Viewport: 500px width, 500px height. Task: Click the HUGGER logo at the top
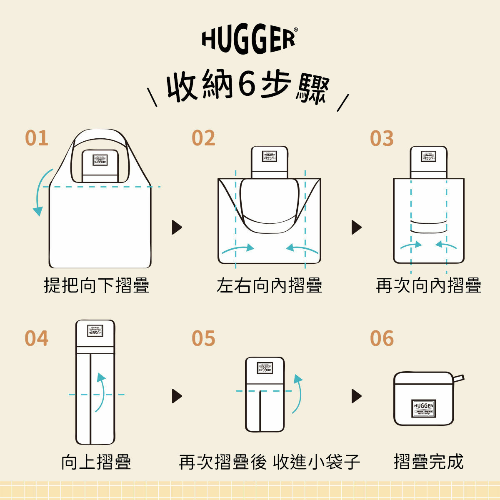249,40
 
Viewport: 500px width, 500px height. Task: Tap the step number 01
37,138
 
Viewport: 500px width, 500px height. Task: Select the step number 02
203,138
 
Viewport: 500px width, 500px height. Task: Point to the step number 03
382,138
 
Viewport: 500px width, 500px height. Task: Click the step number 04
37,338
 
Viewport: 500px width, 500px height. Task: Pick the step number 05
203,338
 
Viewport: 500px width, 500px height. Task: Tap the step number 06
382,338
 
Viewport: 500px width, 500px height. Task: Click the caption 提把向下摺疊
97,286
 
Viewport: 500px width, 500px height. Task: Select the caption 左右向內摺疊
269,286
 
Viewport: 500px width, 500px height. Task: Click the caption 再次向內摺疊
428,286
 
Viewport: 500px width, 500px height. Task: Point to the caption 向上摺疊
96,462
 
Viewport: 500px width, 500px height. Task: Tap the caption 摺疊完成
428,462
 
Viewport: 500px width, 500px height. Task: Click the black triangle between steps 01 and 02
177,227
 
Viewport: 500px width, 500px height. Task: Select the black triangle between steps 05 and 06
356,396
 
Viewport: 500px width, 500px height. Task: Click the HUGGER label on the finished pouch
424,408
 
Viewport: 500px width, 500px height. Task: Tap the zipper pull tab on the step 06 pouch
458,379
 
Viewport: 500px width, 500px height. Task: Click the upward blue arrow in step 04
100,392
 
